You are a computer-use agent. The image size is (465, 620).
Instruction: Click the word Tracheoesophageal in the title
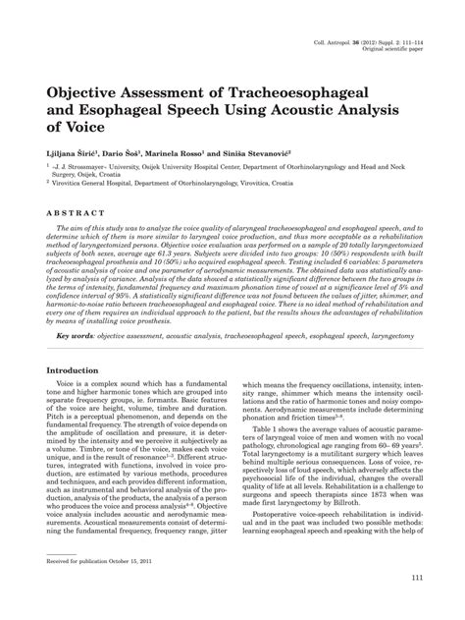pos(318,90)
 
